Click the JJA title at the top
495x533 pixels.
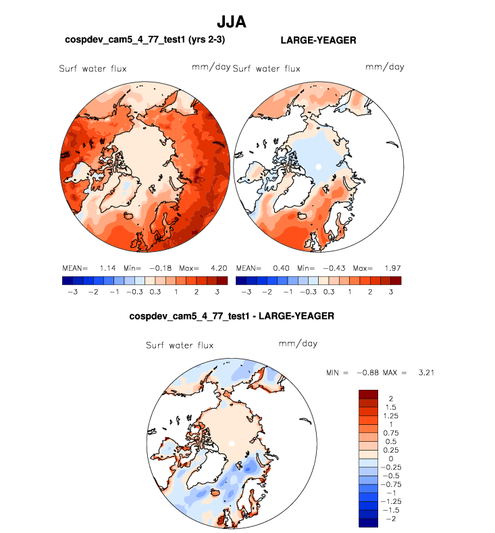tap(231, 22)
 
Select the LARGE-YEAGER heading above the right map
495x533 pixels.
tap(318, 41)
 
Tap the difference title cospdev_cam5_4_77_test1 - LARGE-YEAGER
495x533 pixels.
tap(232, 315)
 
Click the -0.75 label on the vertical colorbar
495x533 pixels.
tap(393, 484)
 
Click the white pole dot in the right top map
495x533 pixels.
tap(317, 166)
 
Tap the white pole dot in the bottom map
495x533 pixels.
tap(232, 443)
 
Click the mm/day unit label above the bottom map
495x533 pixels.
tap(298, 343)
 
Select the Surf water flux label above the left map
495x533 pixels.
tap(93, 68)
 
